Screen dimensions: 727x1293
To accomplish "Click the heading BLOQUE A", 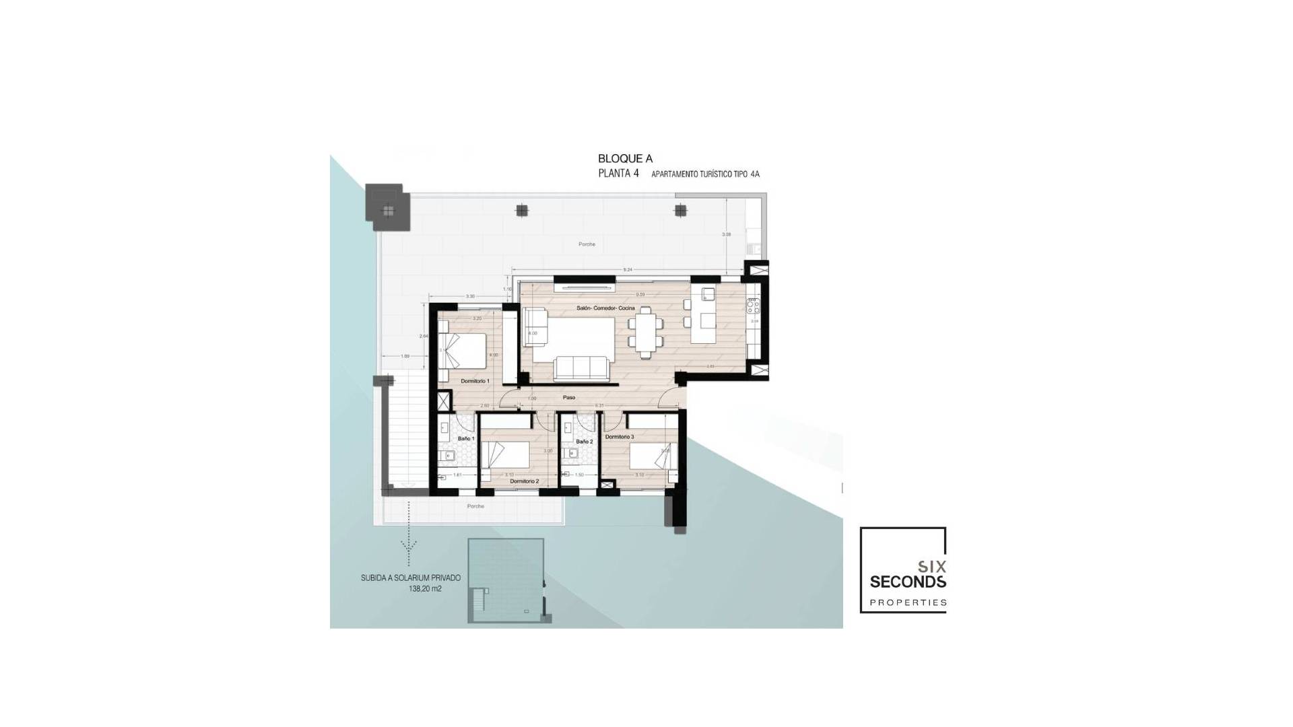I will [625, 159].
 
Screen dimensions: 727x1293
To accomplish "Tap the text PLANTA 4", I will [618, 174].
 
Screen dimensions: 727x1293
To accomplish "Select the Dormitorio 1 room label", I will [475, 381].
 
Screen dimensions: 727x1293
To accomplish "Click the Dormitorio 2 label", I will [524, 481].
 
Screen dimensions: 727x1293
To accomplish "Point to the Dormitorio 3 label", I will [619, 437].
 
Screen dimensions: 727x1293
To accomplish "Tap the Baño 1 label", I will [466, 438].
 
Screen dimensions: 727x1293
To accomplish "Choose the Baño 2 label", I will [584, 442].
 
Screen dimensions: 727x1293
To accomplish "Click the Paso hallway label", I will [569, 398].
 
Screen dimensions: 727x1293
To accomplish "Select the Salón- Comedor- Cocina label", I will [605, 308].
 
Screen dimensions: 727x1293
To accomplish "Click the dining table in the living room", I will [645, 333].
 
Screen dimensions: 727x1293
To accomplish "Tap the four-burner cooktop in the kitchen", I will [753, 306].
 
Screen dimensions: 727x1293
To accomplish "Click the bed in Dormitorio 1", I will [465, 350].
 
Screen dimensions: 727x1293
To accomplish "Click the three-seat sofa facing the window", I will [581, 368].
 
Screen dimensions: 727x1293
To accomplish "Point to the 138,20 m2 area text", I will [424, 588].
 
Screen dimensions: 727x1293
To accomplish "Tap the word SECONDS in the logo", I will [907, 582].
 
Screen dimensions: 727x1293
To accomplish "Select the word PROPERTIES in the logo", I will [907, 602].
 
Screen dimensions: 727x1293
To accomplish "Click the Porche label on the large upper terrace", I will [587, 244].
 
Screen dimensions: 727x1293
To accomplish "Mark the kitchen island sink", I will [708, 294].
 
